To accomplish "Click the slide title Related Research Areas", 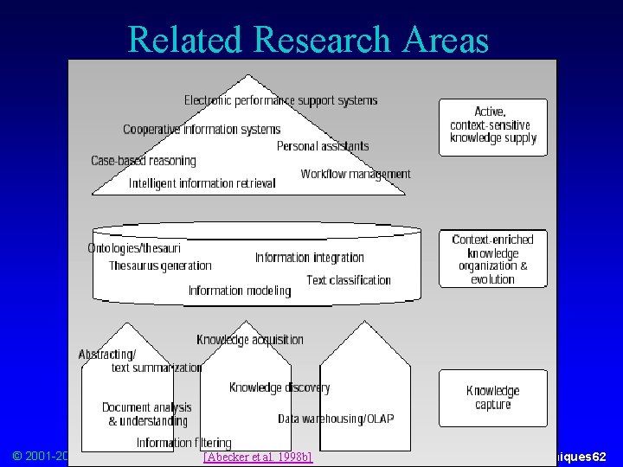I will click(x=308, y=39).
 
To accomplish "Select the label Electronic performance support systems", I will click(x=280, y=100).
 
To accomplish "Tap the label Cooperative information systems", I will click(x=202, y=130).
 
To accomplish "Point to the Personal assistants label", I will click(x=323, y=146).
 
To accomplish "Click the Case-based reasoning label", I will click(x=144, y=161).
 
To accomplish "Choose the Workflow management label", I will click(x=356, y=174).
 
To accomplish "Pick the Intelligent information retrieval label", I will click(x=202, y=182).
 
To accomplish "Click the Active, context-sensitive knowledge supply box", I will click(x=493, y=125).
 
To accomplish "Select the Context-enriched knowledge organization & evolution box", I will click(x=493, y=259).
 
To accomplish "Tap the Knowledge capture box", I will click(x=493, y=398).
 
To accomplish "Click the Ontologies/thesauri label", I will click(x=134, y=248).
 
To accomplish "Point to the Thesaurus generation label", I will click(x=160, y=265).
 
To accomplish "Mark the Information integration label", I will click(x=310, y=257).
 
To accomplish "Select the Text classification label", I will click(x=349, y=279).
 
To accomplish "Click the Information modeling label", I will click(x=240, y=291).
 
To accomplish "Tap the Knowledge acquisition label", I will click(x=250, y=340).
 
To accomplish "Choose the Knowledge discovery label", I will click(x=279, y=387).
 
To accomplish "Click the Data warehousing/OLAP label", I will click(x=336, y=419).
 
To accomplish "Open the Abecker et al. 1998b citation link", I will click(x=257, y=456).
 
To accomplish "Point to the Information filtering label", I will click(x=184, y=443).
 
